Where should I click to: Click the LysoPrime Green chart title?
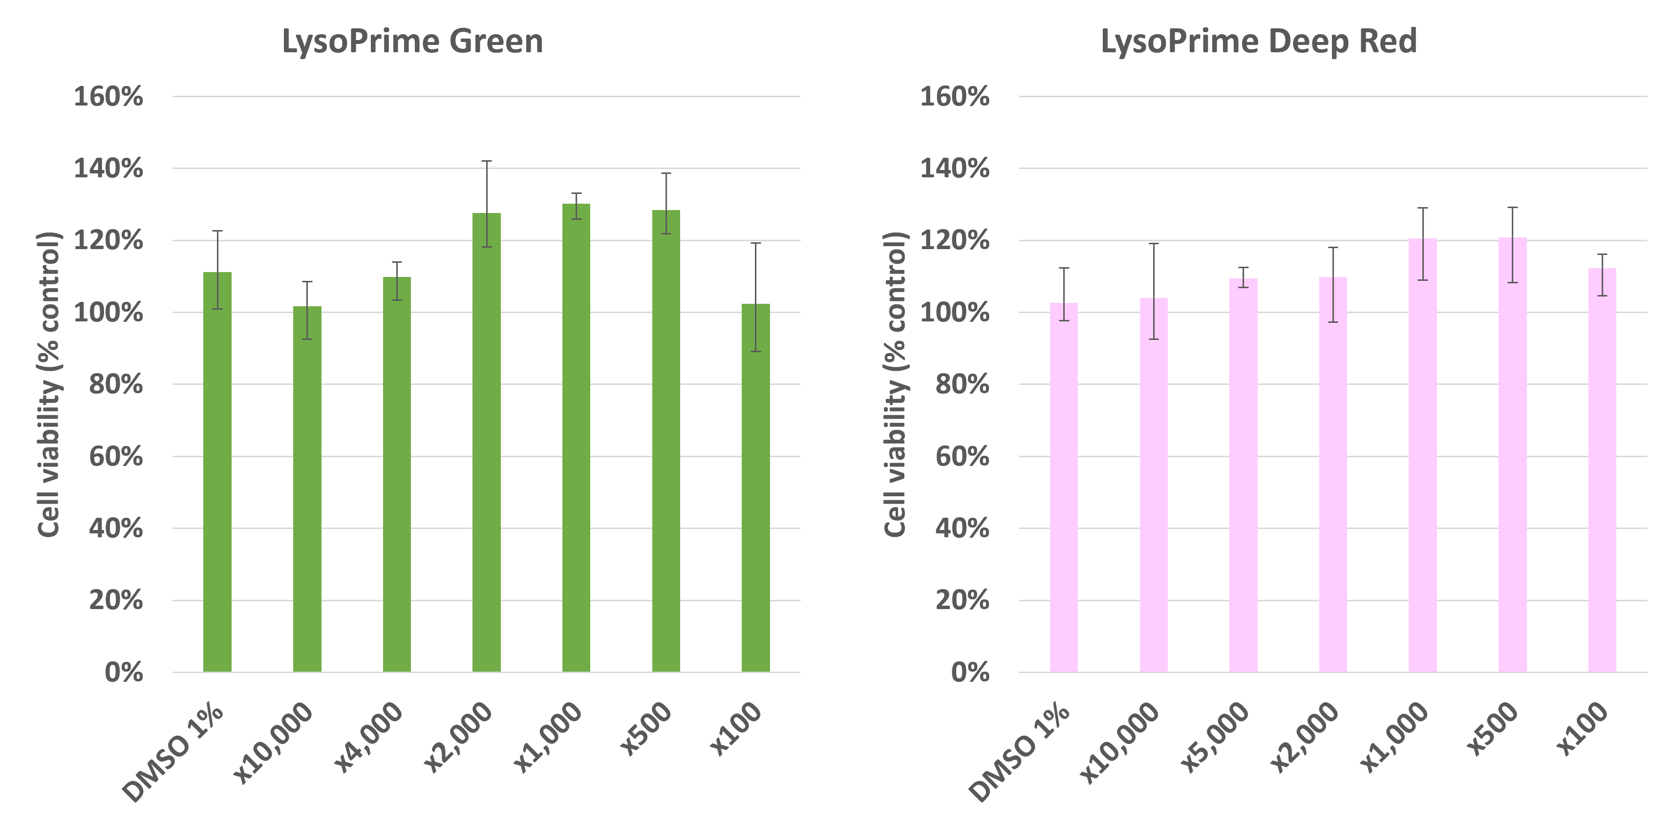click(412, 42)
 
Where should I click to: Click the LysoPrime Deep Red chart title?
click(1258, 42)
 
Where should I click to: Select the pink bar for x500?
click(1512, 454)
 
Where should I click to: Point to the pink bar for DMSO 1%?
click(1064, 487)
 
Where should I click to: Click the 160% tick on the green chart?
click(108, 97)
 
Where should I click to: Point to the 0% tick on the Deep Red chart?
click(971, 673)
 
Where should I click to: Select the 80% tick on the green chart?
click(115, 385)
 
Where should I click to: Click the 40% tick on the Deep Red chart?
click(962, 529)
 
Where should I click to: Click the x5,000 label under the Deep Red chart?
click(1214, 739)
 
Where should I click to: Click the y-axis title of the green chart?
click(49, 384)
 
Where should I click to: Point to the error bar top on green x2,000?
click(487, 161)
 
